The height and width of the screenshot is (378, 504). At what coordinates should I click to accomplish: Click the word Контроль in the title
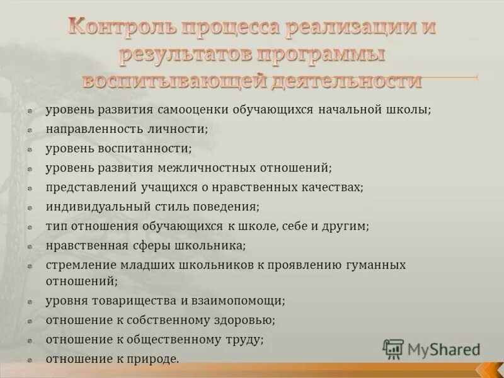coord(121,28)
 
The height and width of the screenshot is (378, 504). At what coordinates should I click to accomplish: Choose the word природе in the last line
coord(154,359)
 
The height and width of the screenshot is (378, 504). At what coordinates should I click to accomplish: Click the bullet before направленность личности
coord(30,130)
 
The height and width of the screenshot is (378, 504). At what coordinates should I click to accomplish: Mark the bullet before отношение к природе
coord(30,360)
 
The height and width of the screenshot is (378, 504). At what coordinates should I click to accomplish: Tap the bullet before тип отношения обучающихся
coord(30,226)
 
